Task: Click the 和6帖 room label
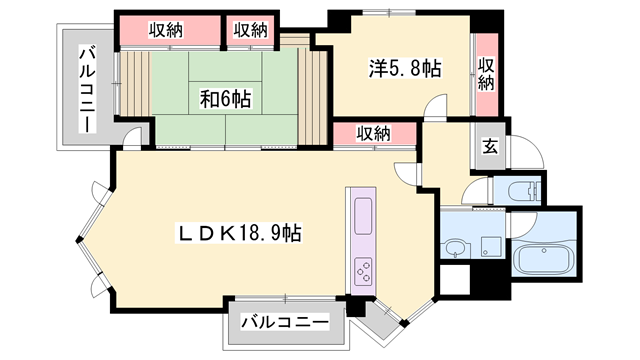[x=224, y=98]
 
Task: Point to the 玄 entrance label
[x=491, y=145]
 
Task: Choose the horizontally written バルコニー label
[x=284, y=323]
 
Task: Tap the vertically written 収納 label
[x=486, y=75]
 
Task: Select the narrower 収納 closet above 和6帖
[x=251, y=30]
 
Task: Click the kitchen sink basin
[x=362, y=213]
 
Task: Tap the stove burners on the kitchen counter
[x=362, y=269]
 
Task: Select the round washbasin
[x=456, y=248]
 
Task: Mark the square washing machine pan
[x=490, y=244]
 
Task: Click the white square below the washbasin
[x=455, y=279]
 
